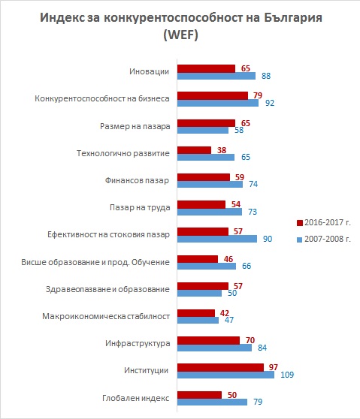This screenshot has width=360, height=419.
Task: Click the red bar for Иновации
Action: point(206,68)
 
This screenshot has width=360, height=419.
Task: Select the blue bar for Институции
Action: point(225,375)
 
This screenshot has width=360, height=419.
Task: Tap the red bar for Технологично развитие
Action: point(194,150)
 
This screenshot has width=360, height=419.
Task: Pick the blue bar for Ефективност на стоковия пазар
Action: point(217,239)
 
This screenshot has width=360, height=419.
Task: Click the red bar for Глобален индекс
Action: point(199,395)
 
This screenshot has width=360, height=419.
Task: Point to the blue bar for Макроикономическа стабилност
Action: point(198,320)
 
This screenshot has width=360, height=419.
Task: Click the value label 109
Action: point(287,375)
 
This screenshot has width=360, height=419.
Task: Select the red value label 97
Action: point(274,367)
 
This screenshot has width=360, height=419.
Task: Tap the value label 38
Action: point(222,150)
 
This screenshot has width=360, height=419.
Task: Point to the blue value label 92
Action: point(270,103)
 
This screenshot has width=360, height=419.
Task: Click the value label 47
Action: point(229,320)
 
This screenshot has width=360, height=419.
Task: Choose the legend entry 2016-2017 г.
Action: point(324,222)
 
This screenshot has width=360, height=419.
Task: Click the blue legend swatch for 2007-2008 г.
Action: point(300,240)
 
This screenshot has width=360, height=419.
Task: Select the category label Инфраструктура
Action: point(138,343)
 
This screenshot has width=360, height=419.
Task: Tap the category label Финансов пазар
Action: point(137,180)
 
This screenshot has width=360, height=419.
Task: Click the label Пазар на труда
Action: point(140,208)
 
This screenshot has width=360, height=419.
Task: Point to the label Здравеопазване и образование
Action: point(107,289)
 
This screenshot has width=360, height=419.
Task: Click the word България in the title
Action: point(293,18)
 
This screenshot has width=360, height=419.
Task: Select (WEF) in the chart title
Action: point(181,35)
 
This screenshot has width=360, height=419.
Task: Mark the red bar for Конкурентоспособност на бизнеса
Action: point(213,95)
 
